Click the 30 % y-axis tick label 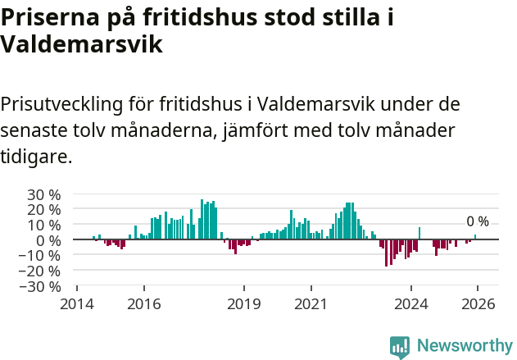[x=43, y=194]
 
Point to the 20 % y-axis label [x=43, y=209]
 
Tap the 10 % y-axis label [x=43, y=225]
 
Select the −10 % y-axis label [x=40, y=255]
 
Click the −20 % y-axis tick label [x=40, y=271]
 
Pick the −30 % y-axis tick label [x=40, y=286]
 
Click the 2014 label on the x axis [x=77, y=303]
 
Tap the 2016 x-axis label [x=144, y=303]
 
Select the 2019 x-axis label [x=244, y=303]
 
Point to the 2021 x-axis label [x=311, y=303]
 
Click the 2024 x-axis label [x=411, y=303]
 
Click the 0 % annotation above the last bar [x=477, y=221]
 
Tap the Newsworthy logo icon [x=400, y=347]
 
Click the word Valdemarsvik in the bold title [x=81, y=44]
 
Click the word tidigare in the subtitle [x=36, y=156]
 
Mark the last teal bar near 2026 [x=475, y=237]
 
